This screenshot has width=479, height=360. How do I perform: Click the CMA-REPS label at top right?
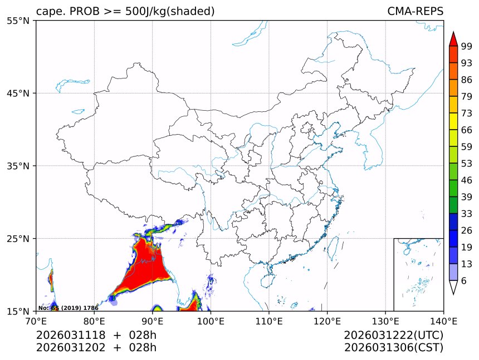click(x=415, y=12)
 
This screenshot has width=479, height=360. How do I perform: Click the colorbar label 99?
click(x=467, y=47)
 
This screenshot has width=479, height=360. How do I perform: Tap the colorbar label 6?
click(x=464, y=281)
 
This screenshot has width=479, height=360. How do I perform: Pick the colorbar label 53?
click(x=467, y=164)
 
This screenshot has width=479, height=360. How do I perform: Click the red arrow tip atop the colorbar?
click(x=453, y=38)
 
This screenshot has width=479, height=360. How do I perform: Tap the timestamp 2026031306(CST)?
click(x=393, y=348)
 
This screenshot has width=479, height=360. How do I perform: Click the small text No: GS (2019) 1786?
click(x=68, y=308)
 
